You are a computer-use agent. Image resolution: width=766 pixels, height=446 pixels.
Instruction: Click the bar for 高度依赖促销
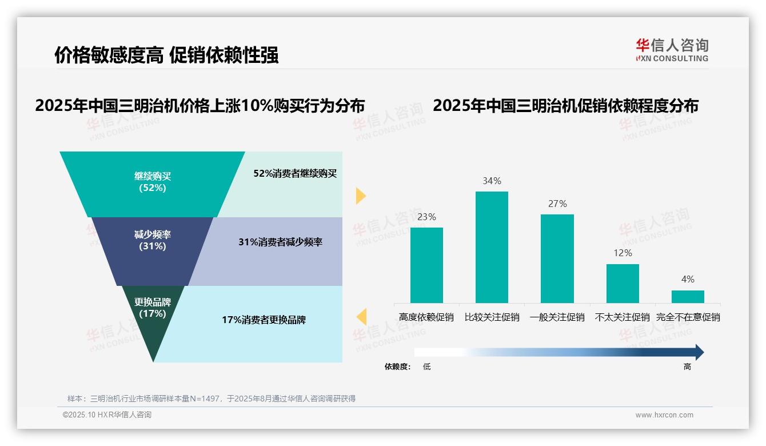coord(426,265)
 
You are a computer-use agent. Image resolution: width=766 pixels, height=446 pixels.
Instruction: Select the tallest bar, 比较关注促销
coord(492,247)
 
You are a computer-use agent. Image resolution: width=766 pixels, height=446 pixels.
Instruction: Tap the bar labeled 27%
coord(557,258)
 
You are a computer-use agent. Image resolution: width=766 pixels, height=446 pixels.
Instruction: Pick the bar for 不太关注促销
coord(623,283)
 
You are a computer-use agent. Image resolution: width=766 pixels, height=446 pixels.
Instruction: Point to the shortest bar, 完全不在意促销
coord(688,296)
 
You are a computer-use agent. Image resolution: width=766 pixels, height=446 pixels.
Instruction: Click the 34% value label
coord(492,181)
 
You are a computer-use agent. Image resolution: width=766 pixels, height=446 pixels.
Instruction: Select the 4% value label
coord(688,280)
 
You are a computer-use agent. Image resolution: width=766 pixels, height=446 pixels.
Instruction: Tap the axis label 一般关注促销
coord(557,317)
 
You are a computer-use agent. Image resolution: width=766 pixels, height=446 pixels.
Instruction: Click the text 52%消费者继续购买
coord(295,174)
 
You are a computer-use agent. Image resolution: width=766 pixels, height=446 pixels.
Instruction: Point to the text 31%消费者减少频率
coord(280,242)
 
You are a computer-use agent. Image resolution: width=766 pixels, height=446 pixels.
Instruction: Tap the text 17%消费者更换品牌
coord(264,320)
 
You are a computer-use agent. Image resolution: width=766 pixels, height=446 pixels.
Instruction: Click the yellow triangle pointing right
coord(360,196)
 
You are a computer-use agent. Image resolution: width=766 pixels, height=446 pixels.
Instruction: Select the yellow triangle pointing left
coord(361,317)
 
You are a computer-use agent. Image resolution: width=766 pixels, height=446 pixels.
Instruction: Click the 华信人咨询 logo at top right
coord(672,50)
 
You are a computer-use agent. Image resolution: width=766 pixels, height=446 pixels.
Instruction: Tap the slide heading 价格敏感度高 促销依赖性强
coord(166,55)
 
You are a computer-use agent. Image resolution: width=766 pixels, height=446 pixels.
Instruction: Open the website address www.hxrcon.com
coord(664,415)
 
